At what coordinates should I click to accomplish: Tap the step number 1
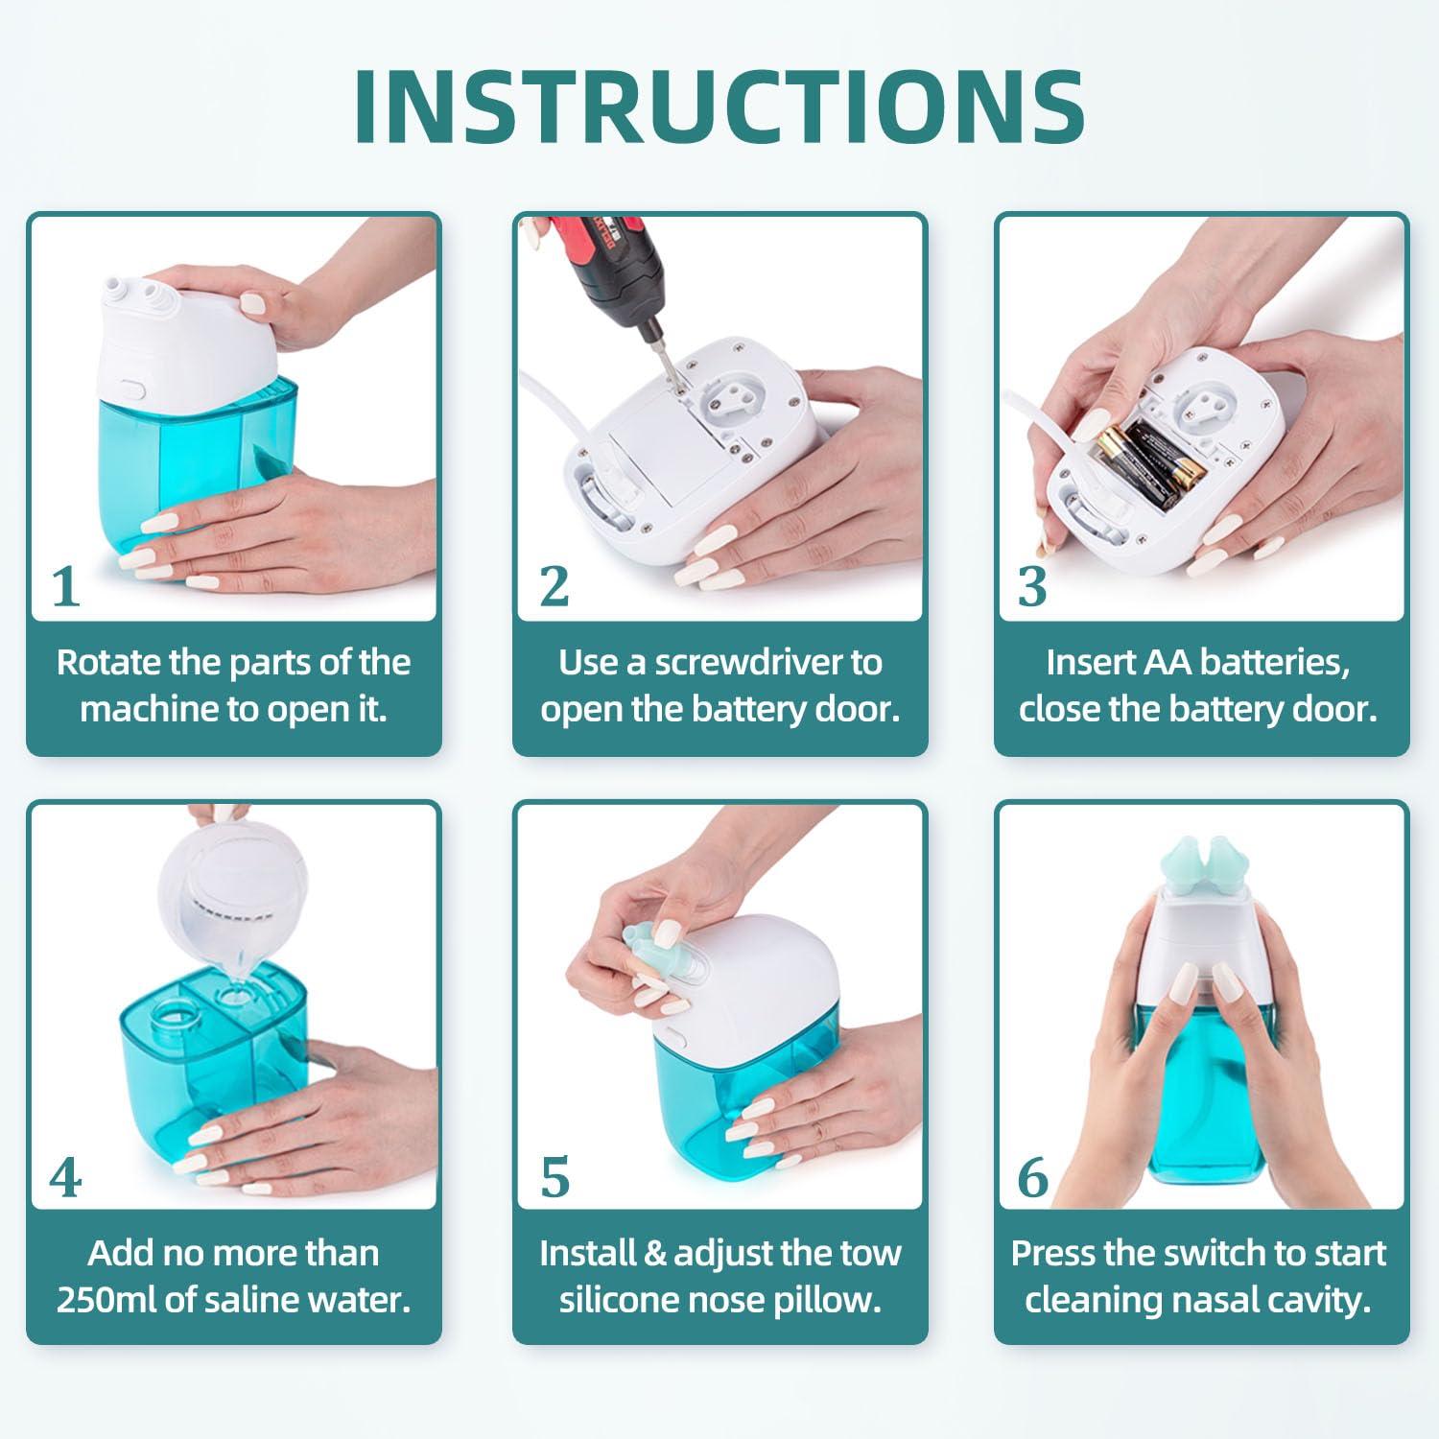[x=65, y=586]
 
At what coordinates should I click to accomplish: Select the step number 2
[x=554, y=586]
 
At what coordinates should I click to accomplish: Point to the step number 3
[x=1032, y=586]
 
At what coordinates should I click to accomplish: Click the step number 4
[x=65, y=1177]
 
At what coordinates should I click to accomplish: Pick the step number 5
[x=554, y=1177]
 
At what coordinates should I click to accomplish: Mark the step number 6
[x=1032, y=1177]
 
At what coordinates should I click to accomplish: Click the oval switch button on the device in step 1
[x=131, y=391]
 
